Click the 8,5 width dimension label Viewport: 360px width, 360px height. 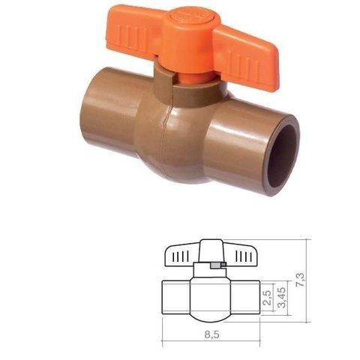coord(212,334)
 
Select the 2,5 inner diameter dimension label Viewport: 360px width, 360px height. coord(267,298)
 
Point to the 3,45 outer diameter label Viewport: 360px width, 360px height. coord(282,298)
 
